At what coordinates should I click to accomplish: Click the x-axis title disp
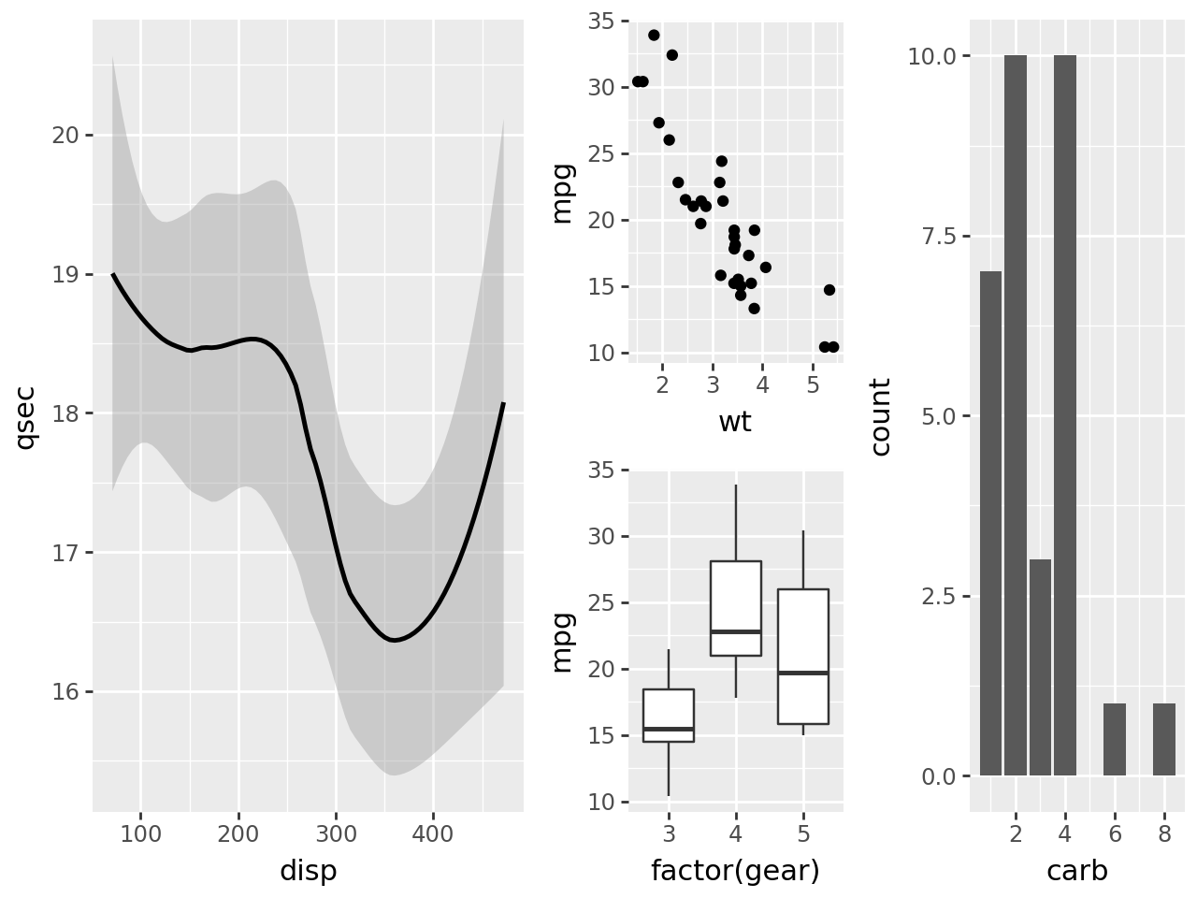[x=308, y=871]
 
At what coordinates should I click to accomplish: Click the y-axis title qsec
[x=26, y=416]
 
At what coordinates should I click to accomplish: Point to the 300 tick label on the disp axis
[x=336, y=833]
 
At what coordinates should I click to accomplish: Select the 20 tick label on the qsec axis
[x=66, y=136]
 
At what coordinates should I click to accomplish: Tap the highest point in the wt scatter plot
[x=654, y=36]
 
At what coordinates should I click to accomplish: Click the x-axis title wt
[x=734, y=422]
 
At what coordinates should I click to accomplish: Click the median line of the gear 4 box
[x=736, y=631]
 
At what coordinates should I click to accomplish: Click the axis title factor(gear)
[x=735, y=871]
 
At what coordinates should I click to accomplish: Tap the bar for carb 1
[x=991, y=524]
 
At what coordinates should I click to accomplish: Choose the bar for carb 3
[x=1040, y=668]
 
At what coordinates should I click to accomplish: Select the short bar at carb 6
[x=1115, y=740]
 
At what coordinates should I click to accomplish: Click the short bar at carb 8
[x=1164, y=740]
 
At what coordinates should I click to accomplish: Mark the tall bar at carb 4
[x=1065, y=416]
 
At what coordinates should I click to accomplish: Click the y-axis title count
[x=880, y=416]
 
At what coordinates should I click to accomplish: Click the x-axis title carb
[x=1077, y=871]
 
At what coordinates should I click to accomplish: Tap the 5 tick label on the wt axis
[x=813, y=384]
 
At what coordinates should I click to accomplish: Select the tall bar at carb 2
[x=1016, y=416]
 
